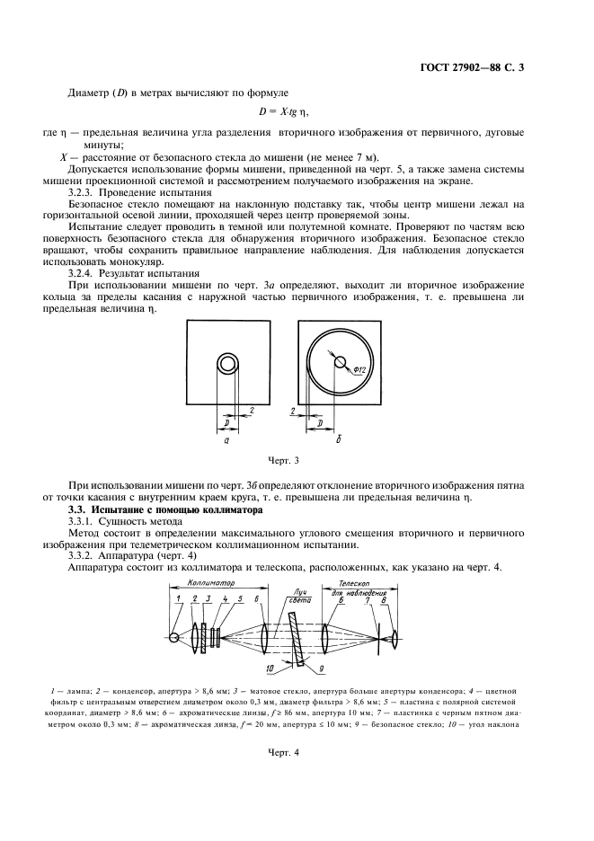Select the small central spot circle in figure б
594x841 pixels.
(341, 362)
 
